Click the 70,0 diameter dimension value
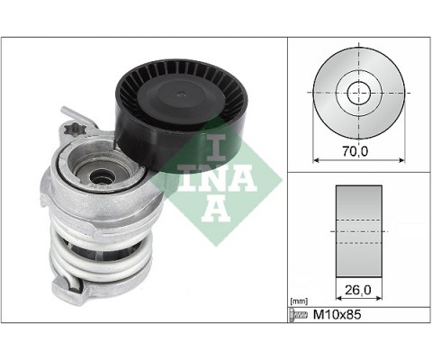point(355,151)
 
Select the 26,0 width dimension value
point(357,290)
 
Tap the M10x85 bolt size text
point(337,314)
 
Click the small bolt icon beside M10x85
point(299,315)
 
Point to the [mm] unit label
point(299,301)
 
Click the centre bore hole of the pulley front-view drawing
point(359,93)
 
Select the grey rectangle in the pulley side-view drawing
point(359,231)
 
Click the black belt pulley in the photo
point(181,115)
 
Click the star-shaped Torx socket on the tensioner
point(76,130)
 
